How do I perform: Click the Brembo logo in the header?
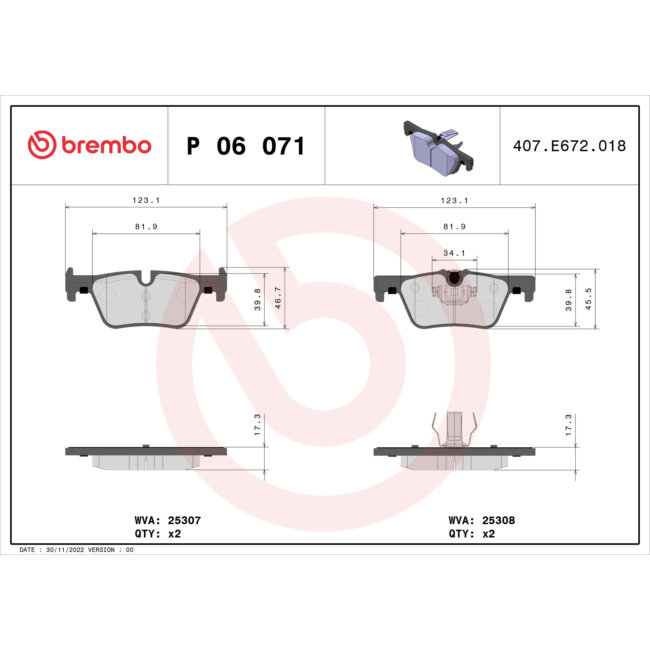point(89,146)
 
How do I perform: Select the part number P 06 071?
point(246,147)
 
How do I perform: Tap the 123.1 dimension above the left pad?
point(145,200)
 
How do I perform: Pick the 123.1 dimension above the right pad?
point(454,200)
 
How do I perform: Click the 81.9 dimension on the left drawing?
point(145,227)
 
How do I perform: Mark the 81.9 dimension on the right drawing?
point(454,227)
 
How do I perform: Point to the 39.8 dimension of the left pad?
point(258,299)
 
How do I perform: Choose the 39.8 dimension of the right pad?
point(568,299)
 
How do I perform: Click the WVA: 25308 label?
point(483,520)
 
